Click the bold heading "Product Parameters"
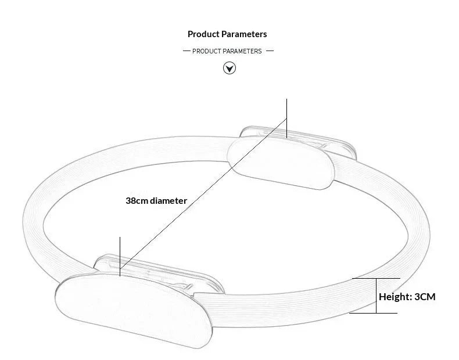pyautogui.click(x=227, y=34)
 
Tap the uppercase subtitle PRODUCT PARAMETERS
pyautogui.click(x=227, y=51)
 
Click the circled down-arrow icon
pyautogui.click(x=229, y=68)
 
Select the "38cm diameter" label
pyautogui.click(x=156, y=201)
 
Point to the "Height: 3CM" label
pyautogui.click(x=407, y=297)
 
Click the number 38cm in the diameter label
pyautogui.click(x=137, y=201)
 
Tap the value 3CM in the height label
pyautogui.click(x=425, y=297)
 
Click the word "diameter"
pyautogui.click(x=168, y=201)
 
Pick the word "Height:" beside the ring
pyautogui.click(x=396, y=297)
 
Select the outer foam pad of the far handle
pyautogui.click(x=281, y=164)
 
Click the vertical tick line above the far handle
pyautogui.click(x=286, y=118)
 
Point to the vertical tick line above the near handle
pyautogui.click(x=120, y=257)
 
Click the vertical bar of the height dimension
pyautogui.click(x=376, y=296)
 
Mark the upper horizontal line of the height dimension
pyautogui.click(x=376, y=278)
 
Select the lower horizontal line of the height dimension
pyautogui.click(x=373, y=313)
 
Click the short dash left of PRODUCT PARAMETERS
pyautogui.click(x=187, y=51)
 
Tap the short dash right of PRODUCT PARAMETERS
pyautogui.click(x=270, y=51)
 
